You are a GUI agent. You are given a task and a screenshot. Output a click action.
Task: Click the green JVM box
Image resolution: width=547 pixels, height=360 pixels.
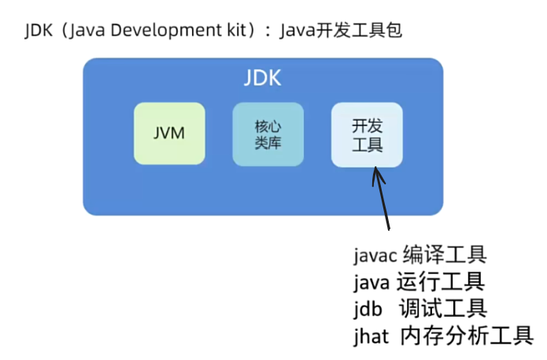click(169, 133)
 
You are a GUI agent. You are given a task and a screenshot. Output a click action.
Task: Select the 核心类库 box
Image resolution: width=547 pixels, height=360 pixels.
click(268, 134)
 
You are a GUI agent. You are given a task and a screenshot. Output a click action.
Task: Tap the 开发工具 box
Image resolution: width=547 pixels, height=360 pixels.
click(367, 134)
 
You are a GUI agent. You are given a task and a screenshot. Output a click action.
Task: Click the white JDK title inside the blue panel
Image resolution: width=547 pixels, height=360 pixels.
click(262, 79)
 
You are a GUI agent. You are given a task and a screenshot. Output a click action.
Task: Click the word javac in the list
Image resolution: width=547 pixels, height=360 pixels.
click(376, 256)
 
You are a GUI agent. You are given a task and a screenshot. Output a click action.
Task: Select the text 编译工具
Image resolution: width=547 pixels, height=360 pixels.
click(445, 255)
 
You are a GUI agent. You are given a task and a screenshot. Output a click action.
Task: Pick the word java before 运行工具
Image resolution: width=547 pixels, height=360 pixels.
click(372, 282)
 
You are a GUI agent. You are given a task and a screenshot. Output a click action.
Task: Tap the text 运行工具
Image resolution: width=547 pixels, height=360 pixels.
click(442, 281)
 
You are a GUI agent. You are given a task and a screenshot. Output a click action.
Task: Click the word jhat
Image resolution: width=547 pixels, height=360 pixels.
click(371, 335)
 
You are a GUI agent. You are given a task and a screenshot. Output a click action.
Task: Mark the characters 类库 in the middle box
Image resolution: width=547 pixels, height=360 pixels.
click(268, 143)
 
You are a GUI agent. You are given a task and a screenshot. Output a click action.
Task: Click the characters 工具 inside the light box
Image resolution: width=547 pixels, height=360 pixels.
click(367, 145)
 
